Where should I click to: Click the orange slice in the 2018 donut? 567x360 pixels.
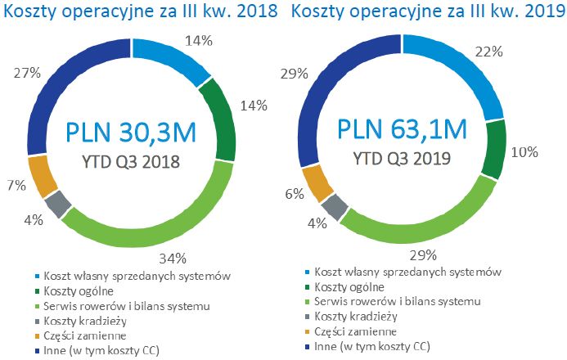[39, 174]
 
